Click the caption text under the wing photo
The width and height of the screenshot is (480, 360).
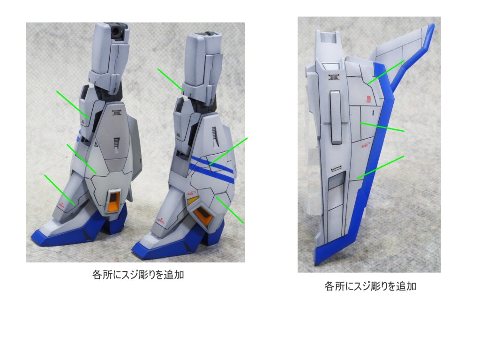click(370, 286)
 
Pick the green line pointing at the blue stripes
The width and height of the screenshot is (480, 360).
click(228, 151)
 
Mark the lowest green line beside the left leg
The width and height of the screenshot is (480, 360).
click(59, 189)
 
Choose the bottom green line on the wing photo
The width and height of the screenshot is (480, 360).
click(380, 167)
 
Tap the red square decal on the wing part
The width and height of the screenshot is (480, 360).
click(368, 99)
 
